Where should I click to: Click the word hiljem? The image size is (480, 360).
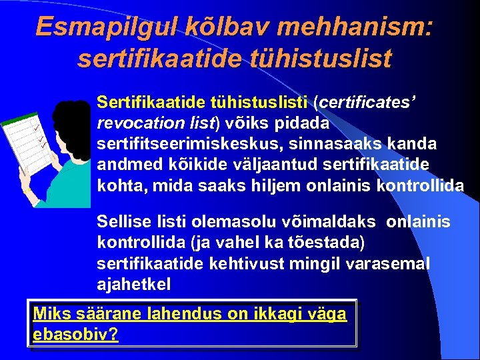click(x=277, y=185)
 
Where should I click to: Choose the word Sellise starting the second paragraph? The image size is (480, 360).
click(x=121, y=222)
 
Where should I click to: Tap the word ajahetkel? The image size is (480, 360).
click(x=133, y=285)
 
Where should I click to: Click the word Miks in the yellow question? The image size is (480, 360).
click(x=49, y=313)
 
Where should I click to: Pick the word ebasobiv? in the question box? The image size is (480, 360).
click(x=75, y=334)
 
